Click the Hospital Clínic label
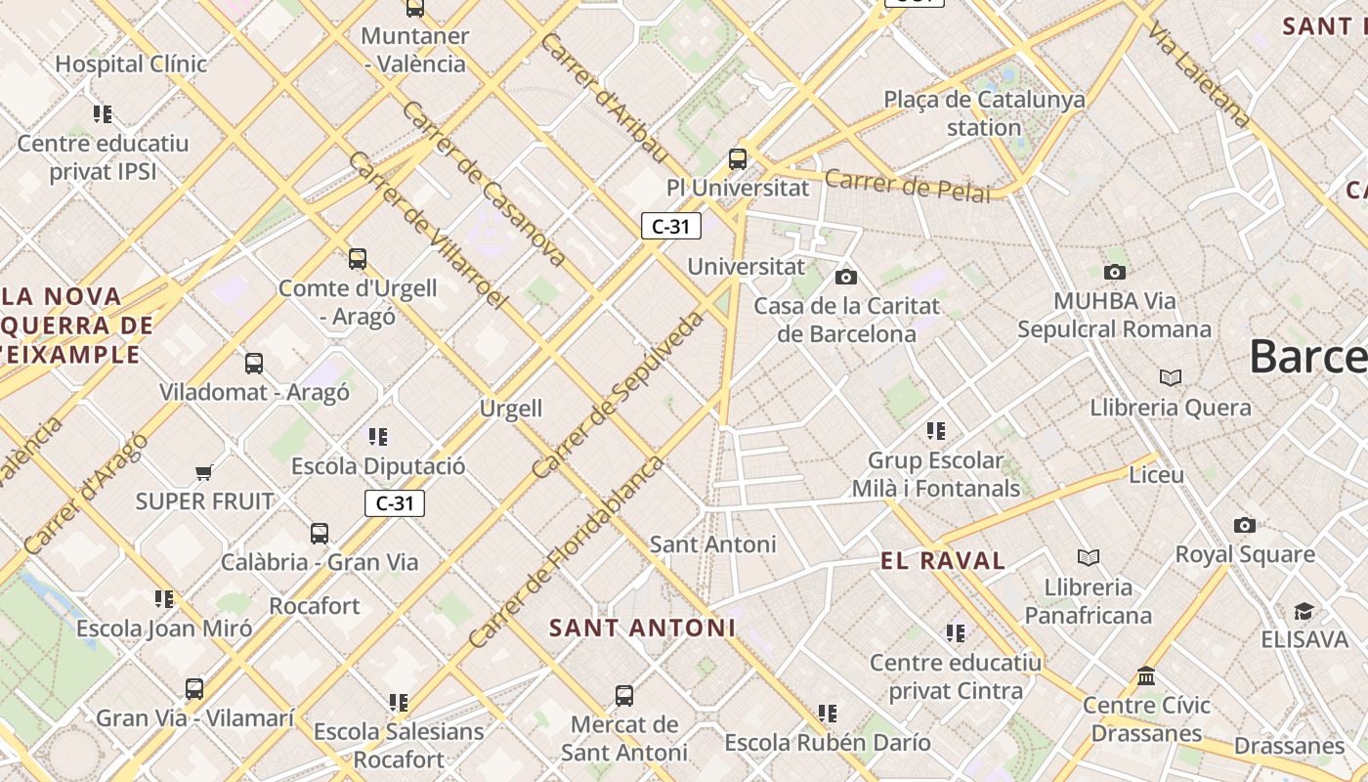click(x=131, y=65)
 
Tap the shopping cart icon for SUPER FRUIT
click(x=203, y=473)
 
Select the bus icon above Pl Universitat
click(x=738, y=158)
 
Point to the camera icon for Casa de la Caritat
click(x=846, y=277)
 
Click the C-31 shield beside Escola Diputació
click(x=395, y=503)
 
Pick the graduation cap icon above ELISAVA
click(x=1304, y=612)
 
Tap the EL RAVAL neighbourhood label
click(x=943, y=561)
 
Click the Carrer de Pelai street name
click(x=907, y=185)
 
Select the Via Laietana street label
click(x=1200, y=74)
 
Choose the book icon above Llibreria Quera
click(x=1170, y=377)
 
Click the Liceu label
click(x=1156, y=475)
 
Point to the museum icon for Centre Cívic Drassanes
click(x=1146, y=675)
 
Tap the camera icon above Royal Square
click(x=1244, y=525)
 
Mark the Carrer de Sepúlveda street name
click(x=619, y=394)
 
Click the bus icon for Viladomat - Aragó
click(x=254, y=364)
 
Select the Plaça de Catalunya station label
click(x=984, y=113)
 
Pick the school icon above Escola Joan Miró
click(x=164, y=598)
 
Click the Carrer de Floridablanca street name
click(x=566, y=552)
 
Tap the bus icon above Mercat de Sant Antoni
click(x=624, y=696)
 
